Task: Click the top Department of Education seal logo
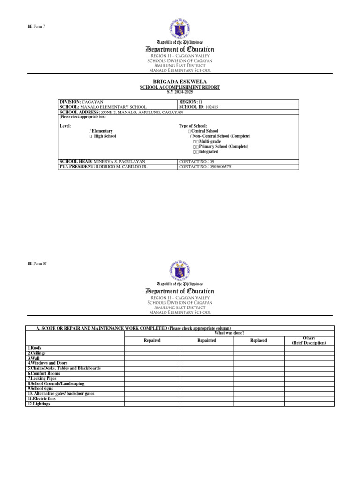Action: pos(180,28)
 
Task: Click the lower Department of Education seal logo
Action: pos(180,270)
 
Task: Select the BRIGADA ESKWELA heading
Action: pos(180,82)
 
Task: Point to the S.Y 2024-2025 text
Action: pos(180,92)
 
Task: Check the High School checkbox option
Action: pos(91,136)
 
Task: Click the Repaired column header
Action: pos(152,340)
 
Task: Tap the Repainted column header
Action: pos(207,340)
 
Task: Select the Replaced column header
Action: pos(259,340)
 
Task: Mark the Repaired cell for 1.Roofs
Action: pos(152,348)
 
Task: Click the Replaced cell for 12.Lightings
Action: pos(259,404)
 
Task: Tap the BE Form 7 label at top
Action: pos(37,25)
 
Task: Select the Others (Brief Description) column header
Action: pos(309,340)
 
